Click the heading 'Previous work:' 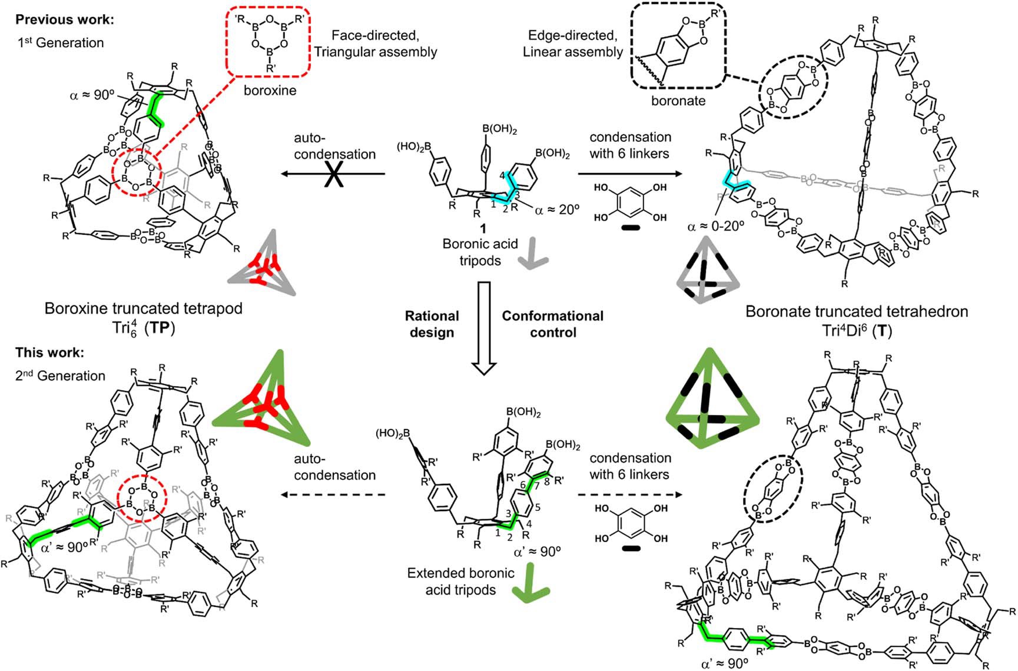(65, 19)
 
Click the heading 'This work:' (49, 353)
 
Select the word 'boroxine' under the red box (270, 91)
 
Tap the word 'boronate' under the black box (678, 101)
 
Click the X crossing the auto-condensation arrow (334, 175)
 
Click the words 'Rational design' (432, 324)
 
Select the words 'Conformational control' (552, 324)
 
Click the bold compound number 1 (482, 228)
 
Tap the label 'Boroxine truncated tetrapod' (144, 308)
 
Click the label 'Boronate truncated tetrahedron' (857, 311)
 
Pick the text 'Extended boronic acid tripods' (460, 582)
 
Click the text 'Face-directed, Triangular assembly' (376, 44)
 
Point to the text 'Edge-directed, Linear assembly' (572, 44)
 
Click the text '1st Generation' (59, 42)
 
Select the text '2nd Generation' (60, 376)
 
